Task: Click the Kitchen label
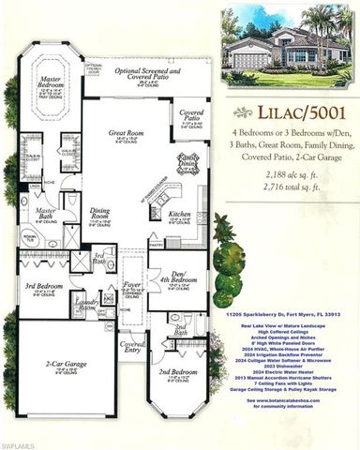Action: coord(180,215)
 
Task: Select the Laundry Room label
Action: coord(89,302)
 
